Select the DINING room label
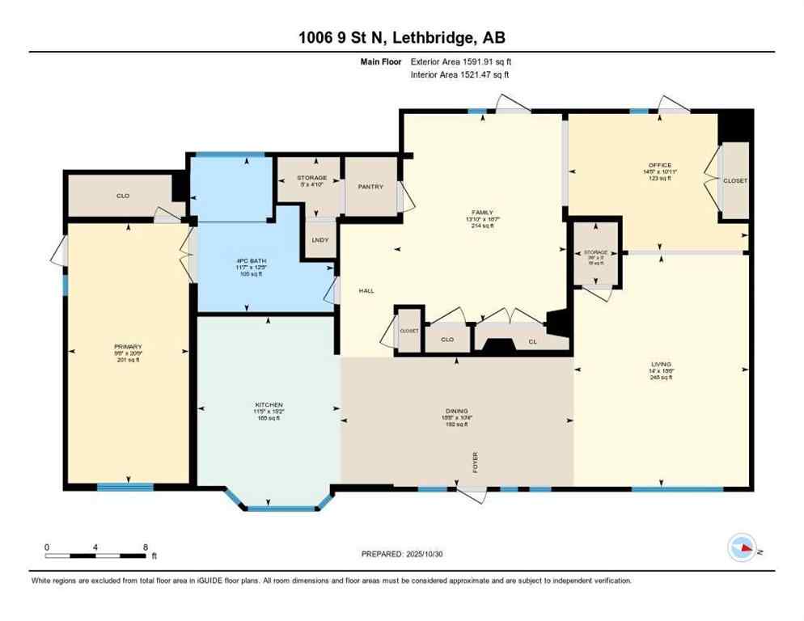456,411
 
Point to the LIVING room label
661,364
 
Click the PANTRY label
370,187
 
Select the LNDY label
319,240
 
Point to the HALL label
366,291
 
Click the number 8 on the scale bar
144,547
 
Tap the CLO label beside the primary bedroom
123,196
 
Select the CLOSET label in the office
735,180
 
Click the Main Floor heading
383,60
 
